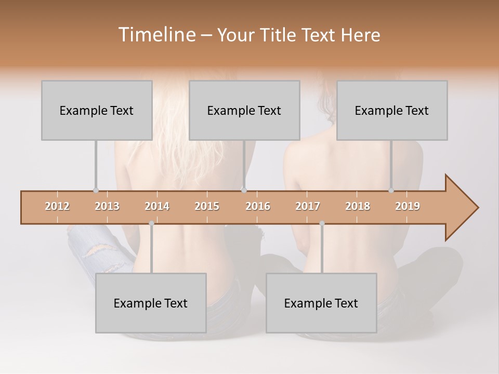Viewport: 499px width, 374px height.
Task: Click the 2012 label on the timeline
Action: click(57, 206)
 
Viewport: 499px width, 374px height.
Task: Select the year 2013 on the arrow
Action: click(107, 206)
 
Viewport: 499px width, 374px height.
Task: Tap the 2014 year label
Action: click(157, 206)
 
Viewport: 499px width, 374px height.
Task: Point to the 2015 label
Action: click(207, 206)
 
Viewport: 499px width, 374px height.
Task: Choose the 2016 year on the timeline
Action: click(258, 206)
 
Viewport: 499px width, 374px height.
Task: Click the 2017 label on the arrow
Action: click(308, 206)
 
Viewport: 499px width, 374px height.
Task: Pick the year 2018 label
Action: click(358, 206)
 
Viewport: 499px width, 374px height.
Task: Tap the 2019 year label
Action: click(408, 206)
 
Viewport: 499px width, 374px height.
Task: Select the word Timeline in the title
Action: click(156, 35)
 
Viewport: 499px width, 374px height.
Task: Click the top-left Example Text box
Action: click(97, 110)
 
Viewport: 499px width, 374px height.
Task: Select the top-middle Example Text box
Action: click(244, 110)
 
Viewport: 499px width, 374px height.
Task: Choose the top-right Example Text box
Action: click(392, 110)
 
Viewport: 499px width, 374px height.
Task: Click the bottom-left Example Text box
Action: click(151, 303)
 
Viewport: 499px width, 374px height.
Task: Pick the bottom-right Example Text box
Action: click(321, 303)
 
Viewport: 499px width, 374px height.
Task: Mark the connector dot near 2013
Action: click(96, 190)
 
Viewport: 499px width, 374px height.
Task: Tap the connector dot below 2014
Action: click(151, 223)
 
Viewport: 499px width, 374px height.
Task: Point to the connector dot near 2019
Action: click(391, 190)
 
